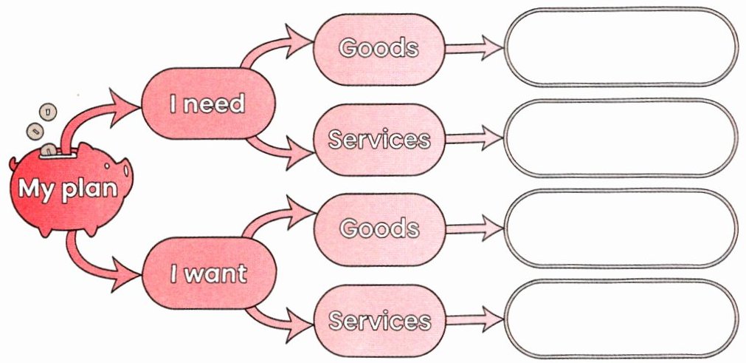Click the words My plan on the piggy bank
(x=68, y=189)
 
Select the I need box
(x=208, y=104)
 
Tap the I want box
(x=209, y=273)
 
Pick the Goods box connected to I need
(x=379, y=49)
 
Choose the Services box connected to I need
(x=379, y=140)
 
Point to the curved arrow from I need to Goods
(x=266, y=46)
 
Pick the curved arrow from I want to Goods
(x=269, y=216)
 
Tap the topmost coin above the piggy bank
(x=48, y=112)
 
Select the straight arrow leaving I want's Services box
(x=474, y=320)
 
